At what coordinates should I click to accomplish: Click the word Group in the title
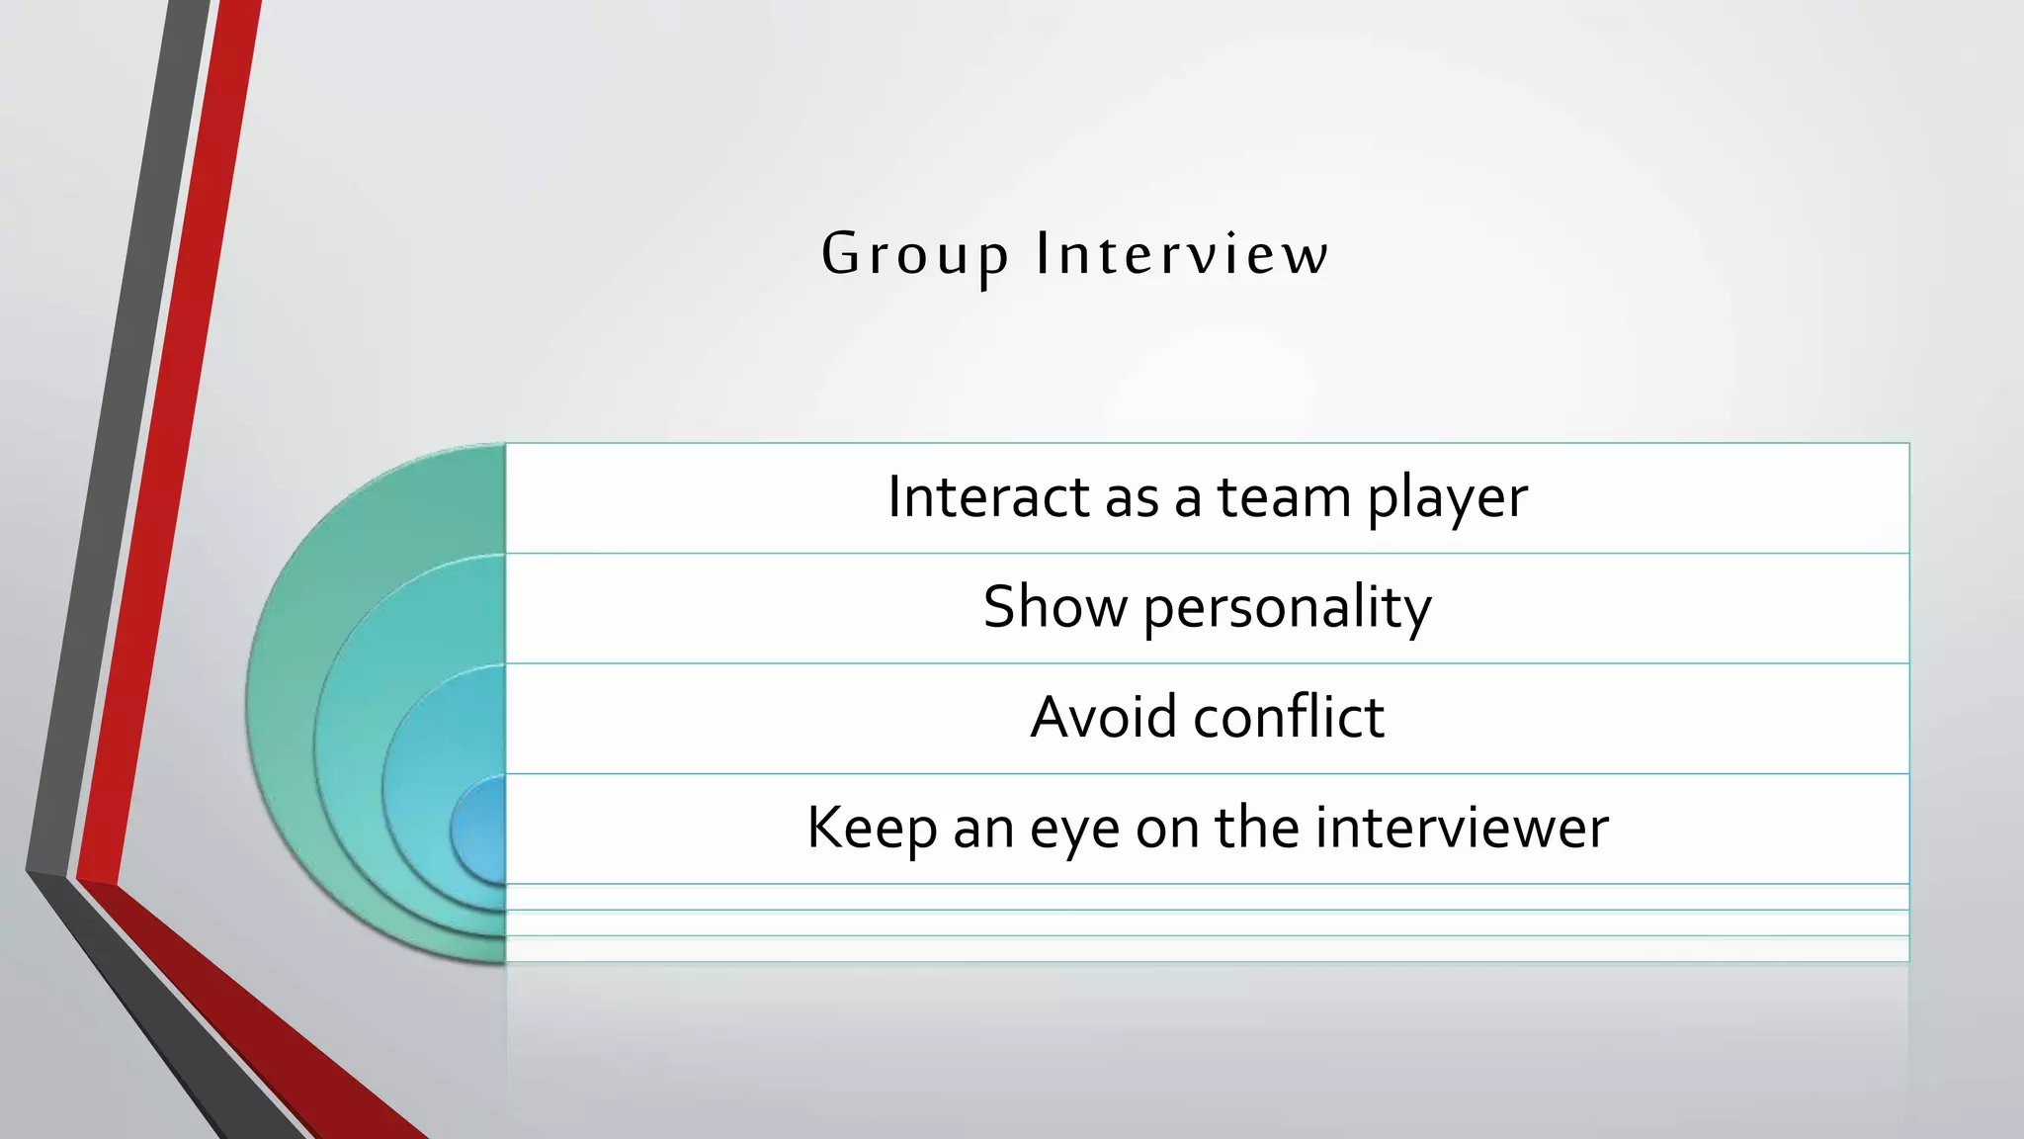914,255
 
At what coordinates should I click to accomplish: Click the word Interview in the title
1182,255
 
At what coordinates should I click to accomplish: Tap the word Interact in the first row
987,496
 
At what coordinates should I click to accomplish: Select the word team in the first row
1283,496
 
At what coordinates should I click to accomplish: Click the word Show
1054,606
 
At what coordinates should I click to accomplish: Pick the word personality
1287,608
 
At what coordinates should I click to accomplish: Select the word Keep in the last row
871,828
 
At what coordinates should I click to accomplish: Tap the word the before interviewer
1256,828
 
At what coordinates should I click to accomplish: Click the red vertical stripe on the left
168,445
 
